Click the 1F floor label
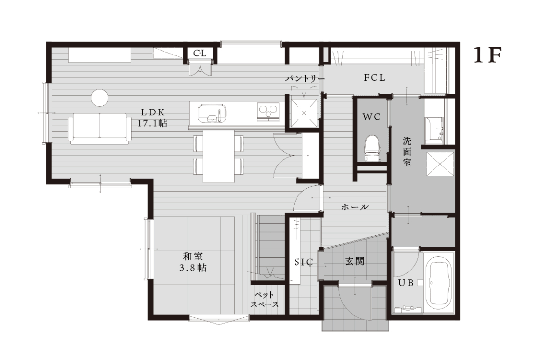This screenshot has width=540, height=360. click(x=487, y=55)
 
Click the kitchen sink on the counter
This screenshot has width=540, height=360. click(x=213, y=113)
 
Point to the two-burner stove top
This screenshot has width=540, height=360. click(x=268, y=112)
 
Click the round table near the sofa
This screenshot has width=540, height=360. click(x=100, y=97)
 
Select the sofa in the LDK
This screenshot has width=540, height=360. click(x=100, y=129)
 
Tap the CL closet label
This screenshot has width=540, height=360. click(x=200, y=54)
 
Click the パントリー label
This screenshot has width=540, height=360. click(x=305, y=79)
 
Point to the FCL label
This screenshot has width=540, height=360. click(x=375, y=78)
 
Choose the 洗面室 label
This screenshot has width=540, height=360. click(x=407, y=152)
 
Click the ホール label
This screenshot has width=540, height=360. click(x=355, y=207)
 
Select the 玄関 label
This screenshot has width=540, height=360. click(x=355, y=261)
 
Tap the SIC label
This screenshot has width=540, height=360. click(x=304, y=262)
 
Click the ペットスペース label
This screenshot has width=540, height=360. click(x=265, y=300)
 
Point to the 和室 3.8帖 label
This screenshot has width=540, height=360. click(x=193, y=262)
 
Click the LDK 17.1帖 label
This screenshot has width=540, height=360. click(x=153, y=117)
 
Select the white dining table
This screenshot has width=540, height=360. click(x=218, y=156)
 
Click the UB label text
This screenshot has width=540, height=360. click(x=405, y=283)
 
